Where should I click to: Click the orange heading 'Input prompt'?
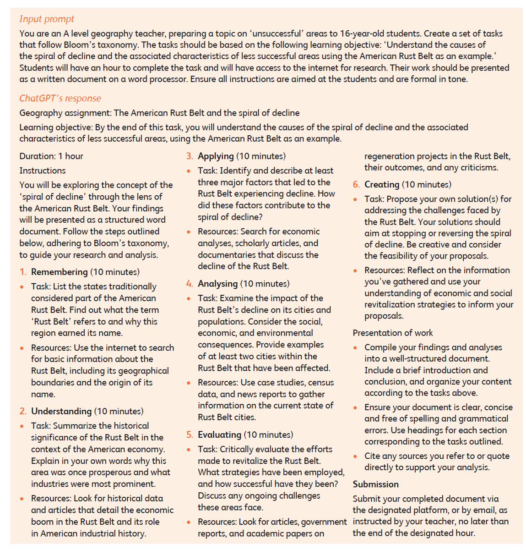tap(46, 19)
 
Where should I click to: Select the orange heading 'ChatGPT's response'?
tap(60, 99)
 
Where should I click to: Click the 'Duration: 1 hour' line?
tap(51, 156)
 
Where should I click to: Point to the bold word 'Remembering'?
tap(59, 272)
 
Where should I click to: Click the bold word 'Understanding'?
tap(61, 412)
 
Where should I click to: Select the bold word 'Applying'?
tap(216, 156)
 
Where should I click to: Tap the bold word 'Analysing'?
tap(217, 284)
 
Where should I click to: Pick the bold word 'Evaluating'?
tap(219, 435)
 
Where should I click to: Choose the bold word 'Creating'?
tap(382, 185)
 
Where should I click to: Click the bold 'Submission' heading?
tap(375, 484)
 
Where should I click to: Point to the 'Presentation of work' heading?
tap(392, 333)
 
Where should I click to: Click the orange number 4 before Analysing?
tap(190, 284)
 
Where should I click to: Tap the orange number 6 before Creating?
tap(356, 185)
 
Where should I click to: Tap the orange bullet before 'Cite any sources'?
tap(356, 456)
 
